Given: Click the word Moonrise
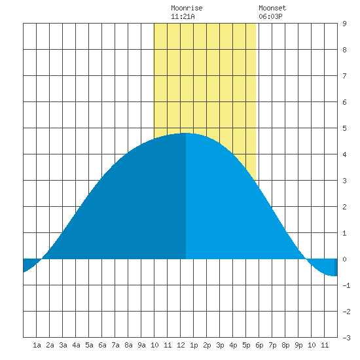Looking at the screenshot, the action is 187,8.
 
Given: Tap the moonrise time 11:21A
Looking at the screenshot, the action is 183,16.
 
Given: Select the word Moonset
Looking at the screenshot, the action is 272,8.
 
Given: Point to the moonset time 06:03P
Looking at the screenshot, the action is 270,16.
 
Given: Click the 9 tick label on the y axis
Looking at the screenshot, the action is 344,24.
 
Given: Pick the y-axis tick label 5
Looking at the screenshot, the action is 344,128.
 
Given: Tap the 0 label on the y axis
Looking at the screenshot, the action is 344,259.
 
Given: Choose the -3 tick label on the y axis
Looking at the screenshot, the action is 346,338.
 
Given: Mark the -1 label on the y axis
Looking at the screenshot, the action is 346,285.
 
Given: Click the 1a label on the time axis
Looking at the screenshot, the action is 37,345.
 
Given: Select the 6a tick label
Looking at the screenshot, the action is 102,345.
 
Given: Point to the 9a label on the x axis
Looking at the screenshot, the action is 141,345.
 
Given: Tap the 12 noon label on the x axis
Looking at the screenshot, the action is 181,345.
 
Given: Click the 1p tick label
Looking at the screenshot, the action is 194,345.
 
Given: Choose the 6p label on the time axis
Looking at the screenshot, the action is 259,345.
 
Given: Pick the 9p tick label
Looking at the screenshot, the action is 298,345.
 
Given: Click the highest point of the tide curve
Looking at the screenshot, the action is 186,133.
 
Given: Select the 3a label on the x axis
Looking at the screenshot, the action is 63,345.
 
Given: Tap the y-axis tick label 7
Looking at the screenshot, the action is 344,76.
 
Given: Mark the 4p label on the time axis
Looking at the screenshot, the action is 233,345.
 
